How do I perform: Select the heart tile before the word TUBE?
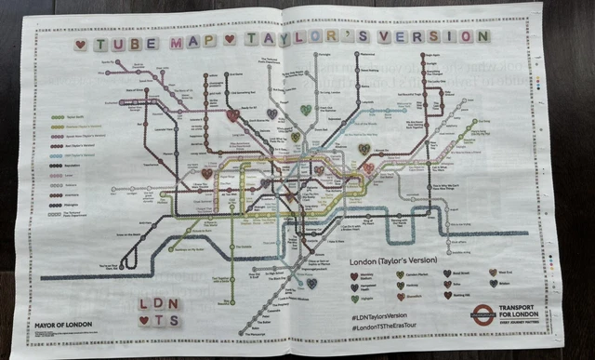click(x=81, y=43)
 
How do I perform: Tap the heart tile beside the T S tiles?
click(x=144, y=321)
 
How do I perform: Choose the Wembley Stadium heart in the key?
click(x=354, y=275)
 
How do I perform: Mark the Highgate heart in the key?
click(x=354, y=299)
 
